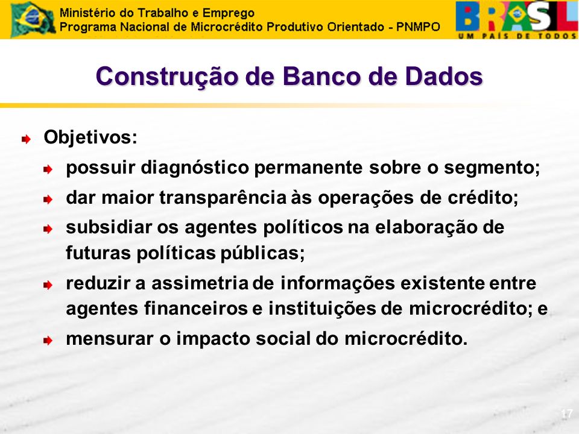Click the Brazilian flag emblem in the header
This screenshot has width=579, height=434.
point(33,19)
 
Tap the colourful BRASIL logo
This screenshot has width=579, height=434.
point(517,19)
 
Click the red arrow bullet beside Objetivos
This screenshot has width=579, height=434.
point(26,139)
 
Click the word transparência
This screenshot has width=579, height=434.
point(223,198)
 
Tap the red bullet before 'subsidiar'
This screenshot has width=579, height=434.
point(48,229)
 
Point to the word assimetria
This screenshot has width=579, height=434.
point(200,283)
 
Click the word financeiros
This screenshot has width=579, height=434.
point(195,309)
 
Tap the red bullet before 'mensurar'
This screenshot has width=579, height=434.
point(48,340)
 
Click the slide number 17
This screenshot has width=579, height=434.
point(566,414)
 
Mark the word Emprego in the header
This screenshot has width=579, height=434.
point(228,13)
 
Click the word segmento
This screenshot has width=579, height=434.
point(492,168)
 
